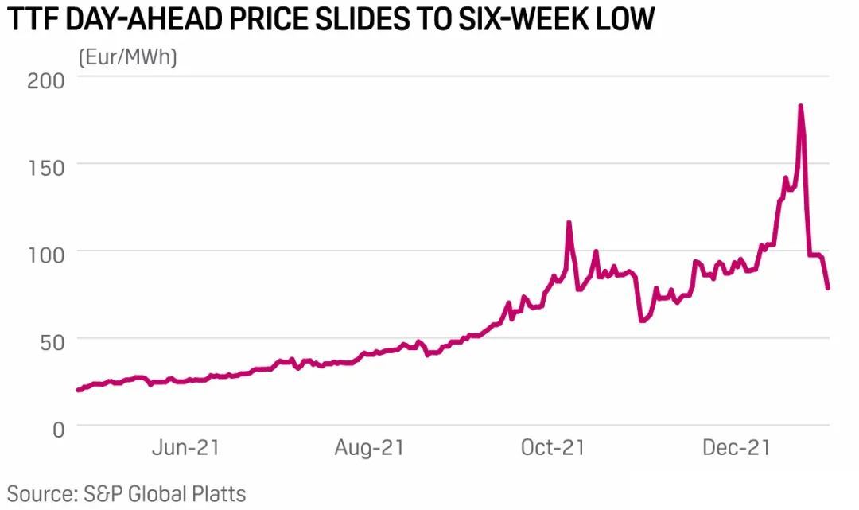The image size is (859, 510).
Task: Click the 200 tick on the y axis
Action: click(46, 80)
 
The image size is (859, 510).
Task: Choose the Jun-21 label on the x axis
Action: click(185, 448)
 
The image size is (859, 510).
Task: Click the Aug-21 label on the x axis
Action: click(369, 448)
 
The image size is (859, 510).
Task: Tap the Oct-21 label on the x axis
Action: click(552, 448)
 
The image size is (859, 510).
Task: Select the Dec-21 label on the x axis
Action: click(736, 448)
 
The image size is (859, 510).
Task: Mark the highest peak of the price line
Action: click(800, 106)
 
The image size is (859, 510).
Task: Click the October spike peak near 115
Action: click(569, 223)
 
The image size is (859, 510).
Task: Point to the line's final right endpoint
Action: click(828, 288)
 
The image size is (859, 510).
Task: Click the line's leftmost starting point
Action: click(78, 390)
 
